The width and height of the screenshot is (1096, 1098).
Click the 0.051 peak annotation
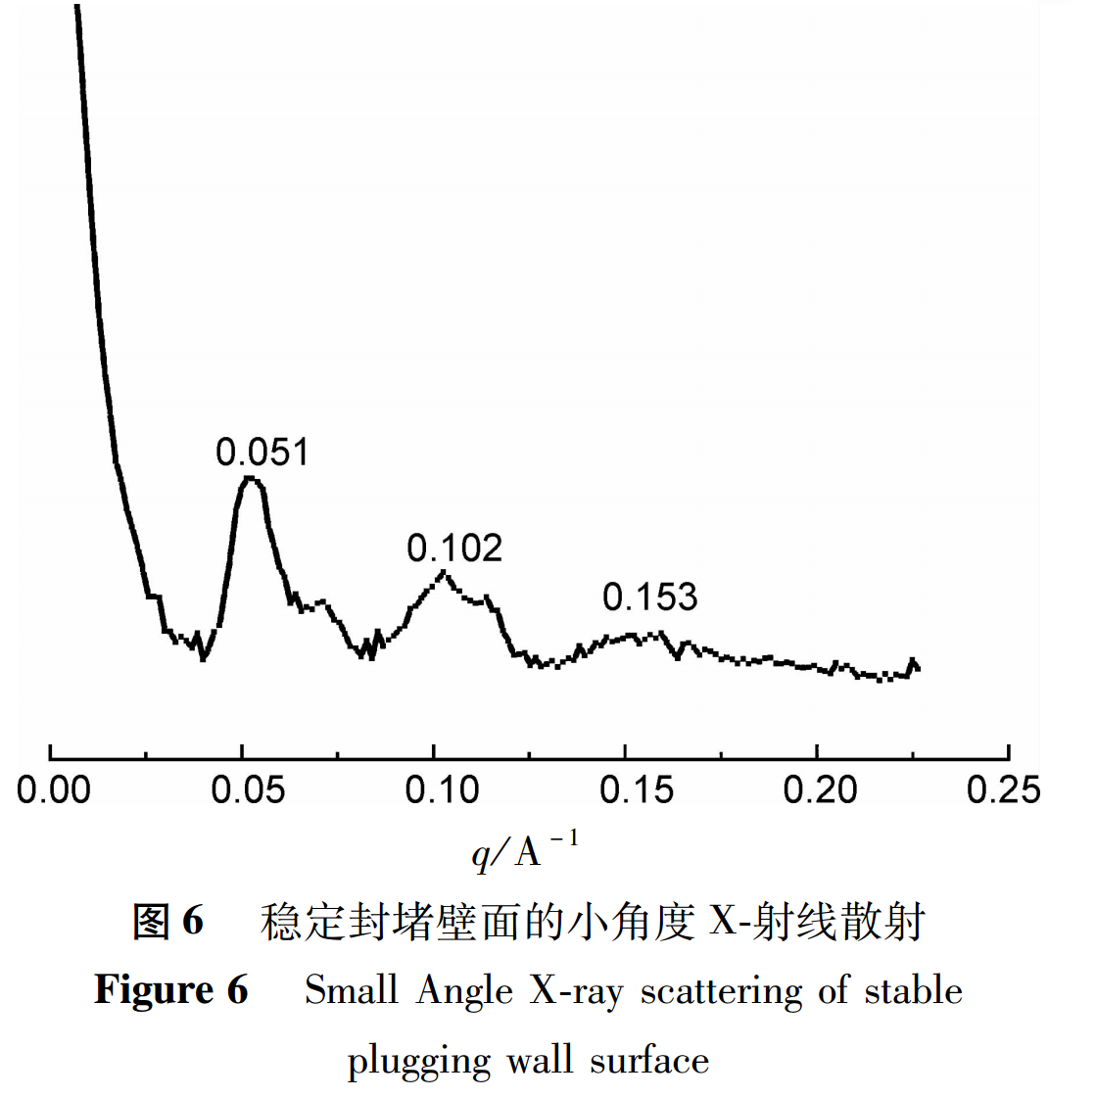tap(262, 452)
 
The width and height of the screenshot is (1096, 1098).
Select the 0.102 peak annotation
tap(454, 548)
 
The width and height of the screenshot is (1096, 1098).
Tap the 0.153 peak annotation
tap(649, 597)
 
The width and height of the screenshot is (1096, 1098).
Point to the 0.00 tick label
tap(54, 789)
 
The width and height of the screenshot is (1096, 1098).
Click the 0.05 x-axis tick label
tap(248, 789)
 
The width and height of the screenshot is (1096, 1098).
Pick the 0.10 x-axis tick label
tap(442, 789)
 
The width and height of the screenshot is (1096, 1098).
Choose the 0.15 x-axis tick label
tap(637, 789)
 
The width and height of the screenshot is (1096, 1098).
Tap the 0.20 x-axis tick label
tap(820, 789)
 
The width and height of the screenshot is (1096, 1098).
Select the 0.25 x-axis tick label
tap(1003, 789)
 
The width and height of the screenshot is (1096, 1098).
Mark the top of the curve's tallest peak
tap(251, 478)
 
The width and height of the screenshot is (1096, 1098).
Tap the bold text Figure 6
tap(171, 990)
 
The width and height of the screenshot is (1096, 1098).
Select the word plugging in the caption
tap(418, 1061)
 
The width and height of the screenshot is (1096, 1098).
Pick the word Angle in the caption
tap(464, 990)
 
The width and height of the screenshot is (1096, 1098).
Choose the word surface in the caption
tap(649, 1060)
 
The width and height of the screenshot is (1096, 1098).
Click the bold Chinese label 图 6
tap(167, 921)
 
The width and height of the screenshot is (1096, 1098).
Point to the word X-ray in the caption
tap(576, 990)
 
